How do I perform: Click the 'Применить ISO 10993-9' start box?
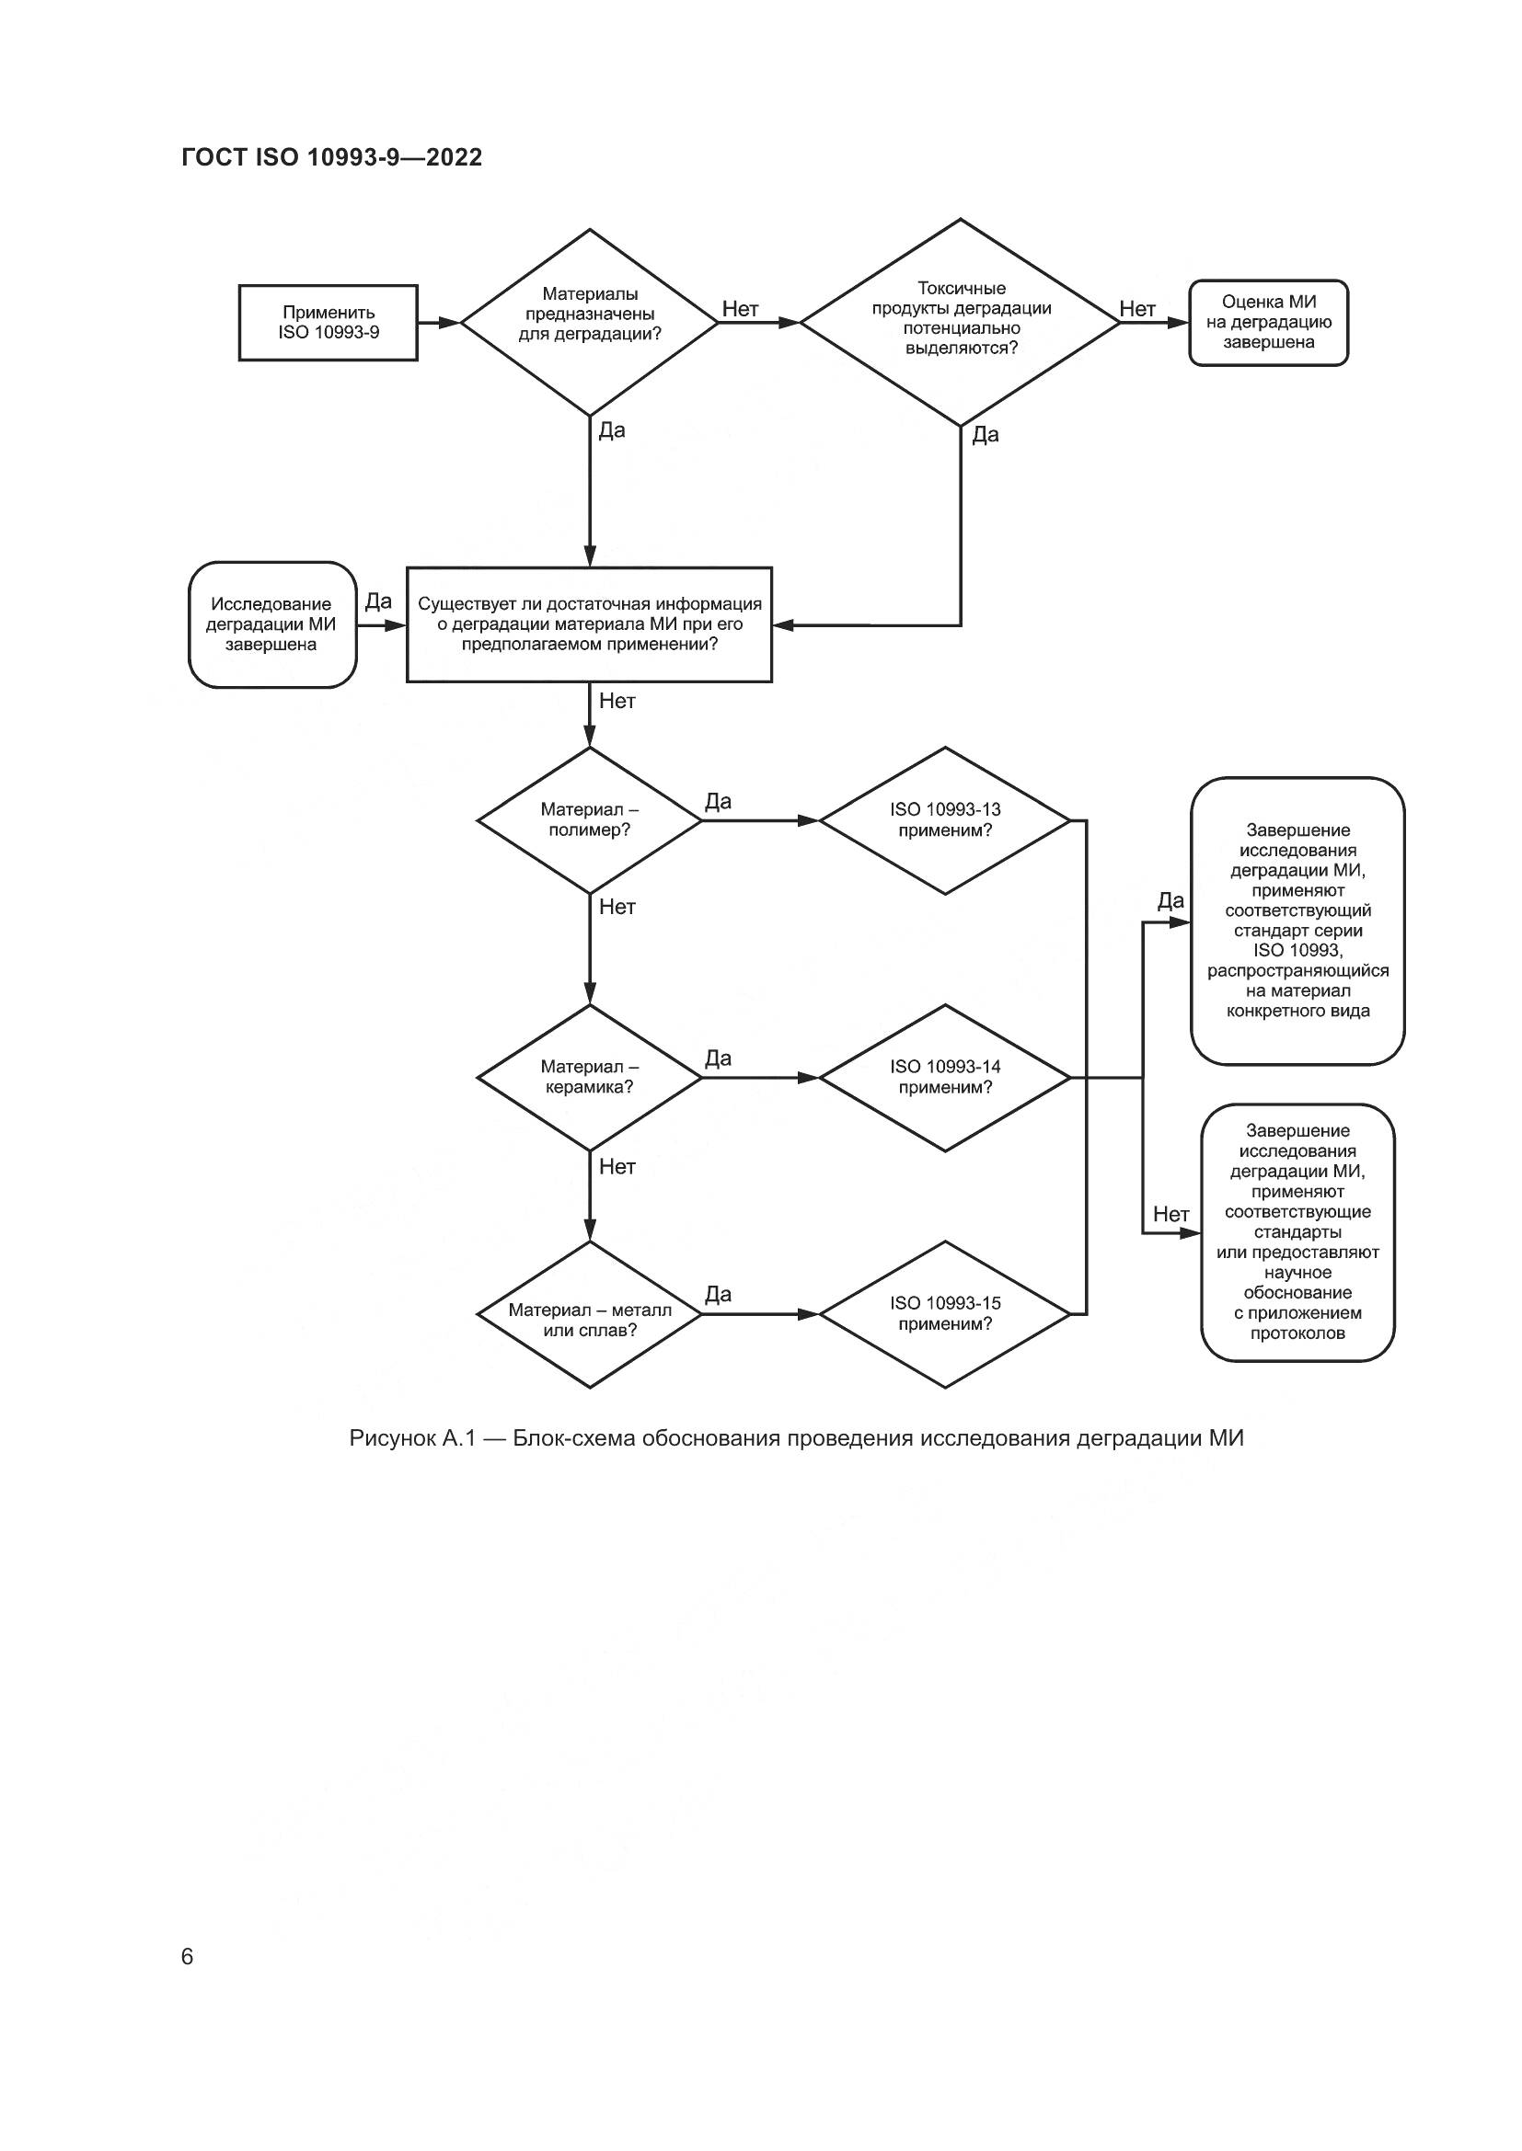point(328,322)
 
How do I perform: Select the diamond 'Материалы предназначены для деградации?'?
point(590,322)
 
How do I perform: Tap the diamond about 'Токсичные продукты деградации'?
point(961,322)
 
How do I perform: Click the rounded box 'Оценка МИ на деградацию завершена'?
point(1268,322)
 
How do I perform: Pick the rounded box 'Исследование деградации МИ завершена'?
point(271,624)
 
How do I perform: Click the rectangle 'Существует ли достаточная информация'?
point(590,624)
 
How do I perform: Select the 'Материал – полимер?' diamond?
point(590,820)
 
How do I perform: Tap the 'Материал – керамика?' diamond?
point(590,1078)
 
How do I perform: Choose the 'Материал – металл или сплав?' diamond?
point(590,1314)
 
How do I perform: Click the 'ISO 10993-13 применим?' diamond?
point(945,820)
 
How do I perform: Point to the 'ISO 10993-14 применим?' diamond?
point(945,1078)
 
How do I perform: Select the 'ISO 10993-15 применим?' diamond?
point(945,1314)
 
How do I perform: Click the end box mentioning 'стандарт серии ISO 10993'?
point(1297,921)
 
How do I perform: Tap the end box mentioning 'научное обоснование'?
point(1297,1233)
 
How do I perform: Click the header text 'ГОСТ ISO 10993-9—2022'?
point(332,157)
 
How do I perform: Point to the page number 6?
point(187,1957)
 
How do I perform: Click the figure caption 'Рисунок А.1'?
point(796,1438)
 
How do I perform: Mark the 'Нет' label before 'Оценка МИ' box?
point(1136,309)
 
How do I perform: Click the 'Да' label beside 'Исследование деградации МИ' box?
point(378,601)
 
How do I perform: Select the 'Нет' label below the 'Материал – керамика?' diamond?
point(617,1166)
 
